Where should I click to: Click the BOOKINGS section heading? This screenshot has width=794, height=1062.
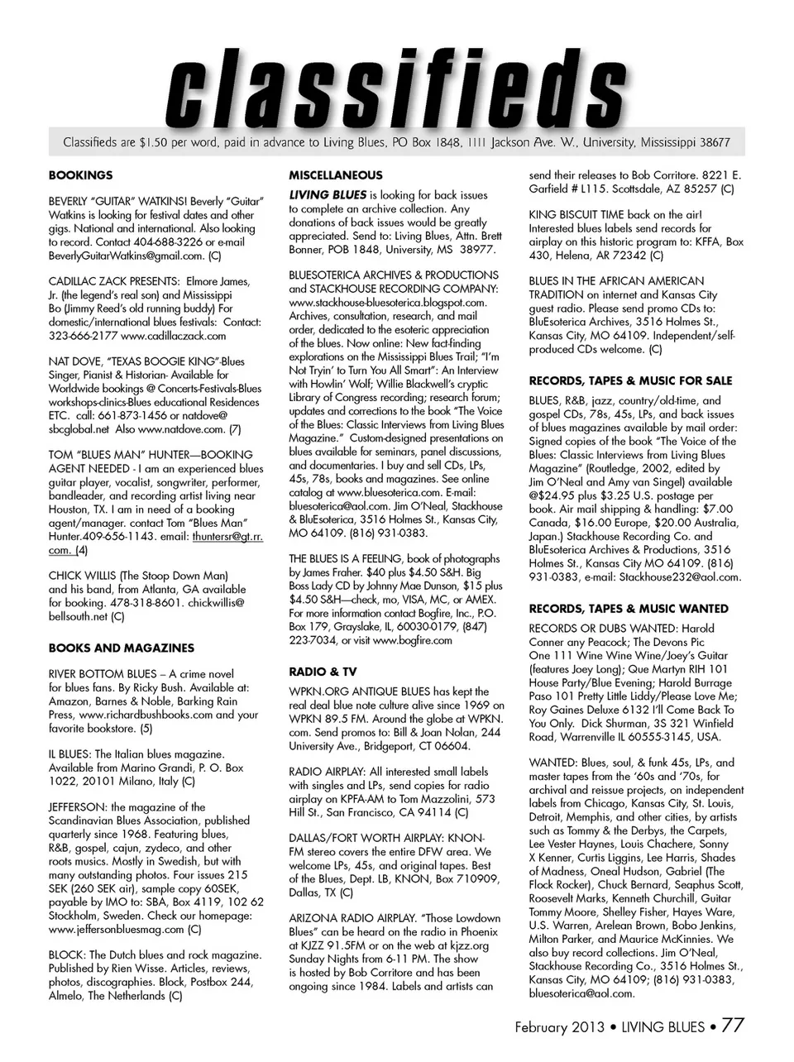(80, 175)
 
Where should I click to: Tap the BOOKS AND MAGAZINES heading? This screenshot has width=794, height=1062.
(122, 648)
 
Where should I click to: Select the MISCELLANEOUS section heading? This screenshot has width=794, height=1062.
(335, 175)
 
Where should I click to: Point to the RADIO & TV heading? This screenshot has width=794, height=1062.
(323, 671)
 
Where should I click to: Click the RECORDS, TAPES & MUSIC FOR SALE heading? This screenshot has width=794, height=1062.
(630, 380)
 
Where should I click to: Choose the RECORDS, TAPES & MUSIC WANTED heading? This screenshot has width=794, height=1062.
(629, 608)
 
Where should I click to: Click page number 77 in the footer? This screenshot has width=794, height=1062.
(733, 1026)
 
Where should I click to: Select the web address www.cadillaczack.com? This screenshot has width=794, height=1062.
(173, 336)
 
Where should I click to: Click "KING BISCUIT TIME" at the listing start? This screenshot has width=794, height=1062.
(576, 214)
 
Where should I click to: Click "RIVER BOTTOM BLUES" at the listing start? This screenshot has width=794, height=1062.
(102, 674)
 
